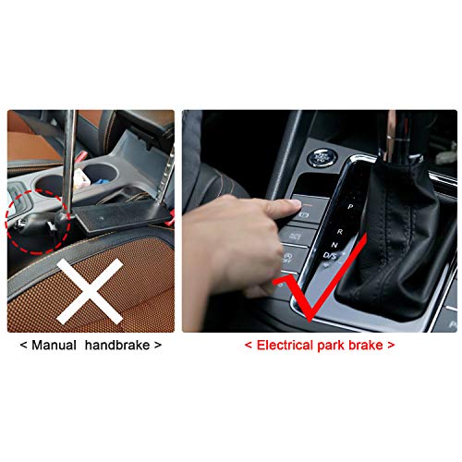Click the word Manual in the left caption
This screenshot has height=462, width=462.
pyautogui.click(x=54, y=345)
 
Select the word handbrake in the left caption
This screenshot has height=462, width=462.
pyautogui.click(x=117, y=345)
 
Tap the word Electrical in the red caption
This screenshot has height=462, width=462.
pyautogui.click(x=285, y=345)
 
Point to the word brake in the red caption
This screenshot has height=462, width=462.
pyautogui.click(x=366, y=345)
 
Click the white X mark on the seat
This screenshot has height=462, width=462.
pyautogui.click(x=90, y=291)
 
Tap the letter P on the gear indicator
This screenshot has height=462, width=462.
pyautogui.click(x=350, y=206)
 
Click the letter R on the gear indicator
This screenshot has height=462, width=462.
pyautogui.click(x=340, y=232)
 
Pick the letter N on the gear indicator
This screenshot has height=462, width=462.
pyautogui.click(x=334, y=245)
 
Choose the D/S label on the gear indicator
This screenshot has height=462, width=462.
pyautogui.click(x=330, y=255)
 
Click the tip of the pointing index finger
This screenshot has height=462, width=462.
pyautogui.click(x=298, y=203)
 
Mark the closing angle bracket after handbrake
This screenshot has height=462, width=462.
pyautogui.click(x=158, y=346)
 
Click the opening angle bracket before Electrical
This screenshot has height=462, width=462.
pyautogui.click(x=249, y=346)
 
